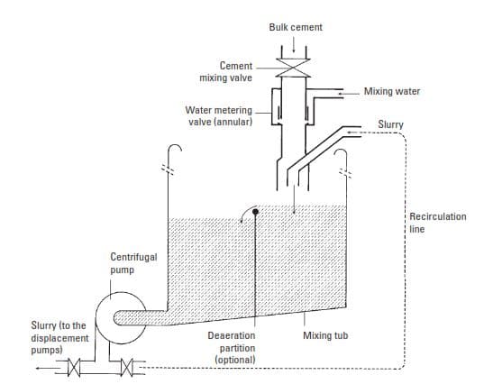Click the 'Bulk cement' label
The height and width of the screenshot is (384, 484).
[x=296, y=27]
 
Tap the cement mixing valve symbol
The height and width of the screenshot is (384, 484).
[x=293, y=68]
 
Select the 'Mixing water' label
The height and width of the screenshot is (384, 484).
[x=392, y=91]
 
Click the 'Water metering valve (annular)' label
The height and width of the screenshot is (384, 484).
[x=219, y=116]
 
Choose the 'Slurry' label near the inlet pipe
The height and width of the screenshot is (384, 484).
[x=390, y=124]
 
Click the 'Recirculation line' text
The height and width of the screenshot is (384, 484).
[x=438, y=223]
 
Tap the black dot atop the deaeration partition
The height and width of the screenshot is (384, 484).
[x=255, y=212]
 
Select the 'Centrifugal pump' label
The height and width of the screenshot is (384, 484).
[x=133, y=263]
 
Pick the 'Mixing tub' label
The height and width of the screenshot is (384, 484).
[x=325, y=335]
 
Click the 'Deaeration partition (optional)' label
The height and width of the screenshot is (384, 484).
[x=232, y=348]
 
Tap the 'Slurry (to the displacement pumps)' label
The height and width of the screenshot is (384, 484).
[x=59, y=338]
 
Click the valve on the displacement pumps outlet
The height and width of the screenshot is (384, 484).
[x=74, y=368]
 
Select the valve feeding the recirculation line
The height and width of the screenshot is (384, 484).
[x=127, y=368]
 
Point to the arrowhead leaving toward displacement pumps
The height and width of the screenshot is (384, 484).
[x=38, y=368]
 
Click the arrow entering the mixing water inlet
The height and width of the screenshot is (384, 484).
[x=349, y=93]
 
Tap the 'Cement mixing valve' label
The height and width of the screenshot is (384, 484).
[x=225, y=71]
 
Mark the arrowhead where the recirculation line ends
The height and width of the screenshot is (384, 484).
[x=351, y=133]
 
